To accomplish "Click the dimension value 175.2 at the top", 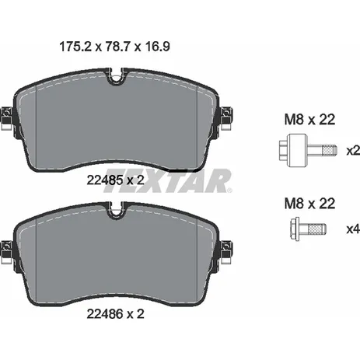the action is click(x=75, y=47).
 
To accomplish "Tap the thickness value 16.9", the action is click(x=157, y=47).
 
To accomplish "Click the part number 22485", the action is click(x=105, y=180).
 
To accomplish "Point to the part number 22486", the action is click(x=105, y=314).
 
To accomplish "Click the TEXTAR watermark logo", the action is click(x=168, y=181).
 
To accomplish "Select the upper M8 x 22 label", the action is click(x=309, y=120).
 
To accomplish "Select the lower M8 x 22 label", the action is click(x=309, y=204).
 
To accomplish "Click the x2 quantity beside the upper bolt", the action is click(x=353, y=151).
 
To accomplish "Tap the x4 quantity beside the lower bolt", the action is click(x=353, y=229).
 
